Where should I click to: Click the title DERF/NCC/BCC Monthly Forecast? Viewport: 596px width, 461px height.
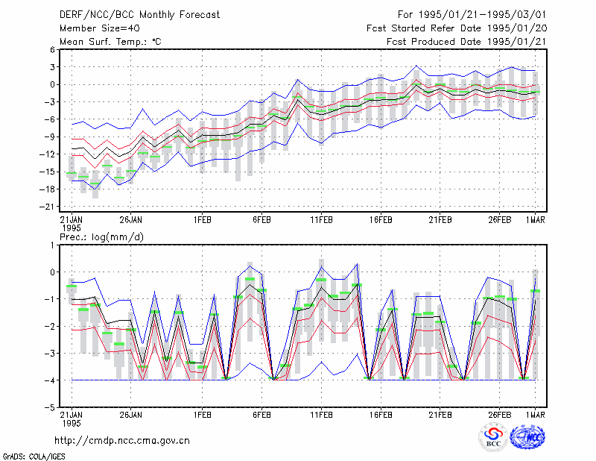pos(139,15)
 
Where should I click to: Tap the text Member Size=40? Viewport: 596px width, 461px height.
pos(100,28)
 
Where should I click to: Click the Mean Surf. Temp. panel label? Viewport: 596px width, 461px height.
pos(110,42)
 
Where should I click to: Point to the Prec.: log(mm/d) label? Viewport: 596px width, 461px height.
pos(101,237)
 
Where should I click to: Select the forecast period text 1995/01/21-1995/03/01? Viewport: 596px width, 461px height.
pos(482,15)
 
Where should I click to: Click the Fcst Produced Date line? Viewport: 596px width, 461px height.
pos(466,42)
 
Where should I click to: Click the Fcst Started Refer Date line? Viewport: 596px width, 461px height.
pos(457,28)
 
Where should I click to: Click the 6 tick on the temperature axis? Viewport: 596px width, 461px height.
pos(52,50)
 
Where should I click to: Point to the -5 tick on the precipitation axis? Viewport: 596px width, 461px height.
pos(49,407)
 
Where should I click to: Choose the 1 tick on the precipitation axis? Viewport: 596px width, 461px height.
pos(52,245)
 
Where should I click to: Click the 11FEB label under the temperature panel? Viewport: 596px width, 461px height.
pos(321,220)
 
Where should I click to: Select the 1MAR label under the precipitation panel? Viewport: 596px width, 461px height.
pos(535,415)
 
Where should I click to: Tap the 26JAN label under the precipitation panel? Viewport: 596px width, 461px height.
pos(131,415)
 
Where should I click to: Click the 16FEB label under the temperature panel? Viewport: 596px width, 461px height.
pos(381,220)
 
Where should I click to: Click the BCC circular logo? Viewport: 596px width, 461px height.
pos(493,438)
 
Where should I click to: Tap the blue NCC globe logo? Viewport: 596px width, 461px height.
pos(527,438)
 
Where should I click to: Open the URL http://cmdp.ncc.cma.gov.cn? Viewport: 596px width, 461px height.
pos(122,441)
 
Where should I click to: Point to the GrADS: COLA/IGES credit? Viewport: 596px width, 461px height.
pos(34,457)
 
